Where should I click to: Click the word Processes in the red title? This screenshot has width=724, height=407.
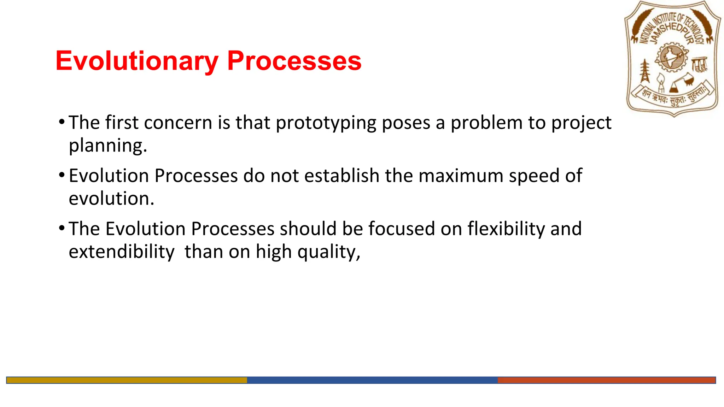click(x=294, y=61)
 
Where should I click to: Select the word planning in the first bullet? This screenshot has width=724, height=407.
click(x=107, y=146)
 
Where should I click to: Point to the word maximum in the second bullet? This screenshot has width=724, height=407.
click(x=461, y=176)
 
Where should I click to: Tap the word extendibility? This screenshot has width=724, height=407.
click(x=121, y=252)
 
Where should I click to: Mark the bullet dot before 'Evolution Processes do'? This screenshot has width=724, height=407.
click(x=62, y=175)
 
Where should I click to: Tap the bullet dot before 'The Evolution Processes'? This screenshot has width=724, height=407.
click(x=62, y=228)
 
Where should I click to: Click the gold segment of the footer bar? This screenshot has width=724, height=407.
click(x=127, y=380)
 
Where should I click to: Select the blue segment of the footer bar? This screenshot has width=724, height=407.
click(x=372, y=380)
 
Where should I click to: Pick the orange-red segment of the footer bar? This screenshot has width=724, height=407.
click(x=606, y=380)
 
